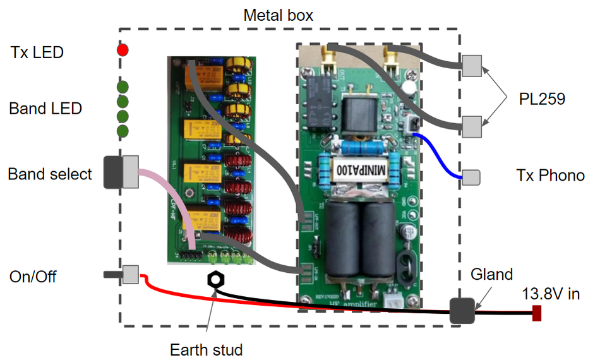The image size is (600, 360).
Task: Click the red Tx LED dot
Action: (123, 49)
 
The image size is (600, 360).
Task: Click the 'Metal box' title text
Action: (278, 15)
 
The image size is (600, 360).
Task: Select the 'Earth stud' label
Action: (206, 349)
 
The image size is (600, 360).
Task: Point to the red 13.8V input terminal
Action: (537, 312)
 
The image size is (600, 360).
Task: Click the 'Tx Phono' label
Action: (550, 176)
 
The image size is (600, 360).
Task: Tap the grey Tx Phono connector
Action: (471, 177)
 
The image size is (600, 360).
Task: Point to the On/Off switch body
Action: (130, 275)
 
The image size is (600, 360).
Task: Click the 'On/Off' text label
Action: (33, 276)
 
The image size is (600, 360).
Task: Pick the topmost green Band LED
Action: (123, 87)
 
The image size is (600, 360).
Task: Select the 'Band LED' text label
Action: (45, 109)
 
